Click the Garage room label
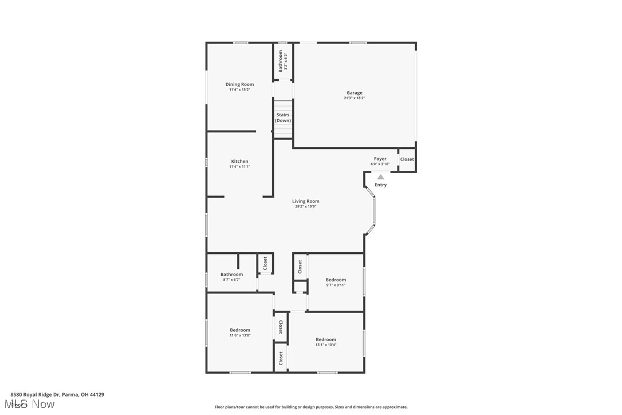coord(354,93)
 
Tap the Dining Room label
coord(239,84)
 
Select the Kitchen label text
coord(239,162)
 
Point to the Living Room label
coord(305,201)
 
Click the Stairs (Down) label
coord(283,118)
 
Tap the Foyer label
coord(380,159)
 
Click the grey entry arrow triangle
coord(380,177)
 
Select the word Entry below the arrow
coord(381,185)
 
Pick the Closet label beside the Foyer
coord(407,159)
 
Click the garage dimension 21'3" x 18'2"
coord(354,98)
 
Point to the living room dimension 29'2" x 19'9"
coord(305,206)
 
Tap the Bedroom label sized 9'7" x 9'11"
coord(336,280)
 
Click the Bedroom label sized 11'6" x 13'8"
coord(240,330)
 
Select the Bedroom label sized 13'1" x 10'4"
coord(326,339)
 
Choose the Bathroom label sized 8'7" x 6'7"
coord(231,275)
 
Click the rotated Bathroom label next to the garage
coord(281,60)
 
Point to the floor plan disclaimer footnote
coord(311,407)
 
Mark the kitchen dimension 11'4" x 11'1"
coord(239,167)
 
